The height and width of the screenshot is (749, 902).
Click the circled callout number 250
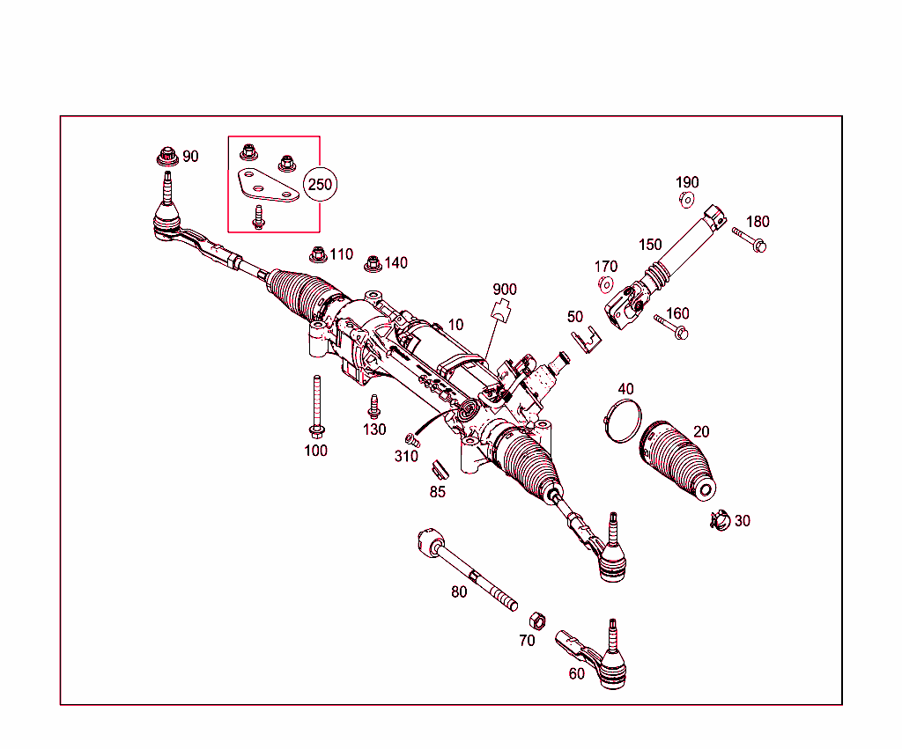pos(322,185)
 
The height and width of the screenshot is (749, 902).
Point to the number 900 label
pos(505,290)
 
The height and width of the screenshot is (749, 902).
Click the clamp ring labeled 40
pos(621,419)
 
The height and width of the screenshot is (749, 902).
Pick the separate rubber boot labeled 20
pos(676,458)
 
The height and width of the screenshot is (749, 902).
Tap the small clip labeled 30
pos(719,521)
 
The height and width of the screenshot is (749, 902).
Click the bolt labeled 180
pos(750,239)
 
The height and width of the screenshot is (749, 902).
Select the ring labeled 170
pos(605,284)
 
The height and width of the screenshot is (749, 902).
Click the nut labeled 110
pos(318,256)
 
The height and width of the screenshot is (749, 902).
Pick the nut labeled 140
pos(373,263)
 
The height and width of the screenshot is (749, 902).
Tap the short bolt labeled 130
pos(374,407)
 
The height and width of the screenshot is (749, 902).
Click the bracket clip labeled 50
pos(583,338)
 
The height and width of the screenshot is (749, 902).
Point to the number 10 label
pos(455,325)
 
